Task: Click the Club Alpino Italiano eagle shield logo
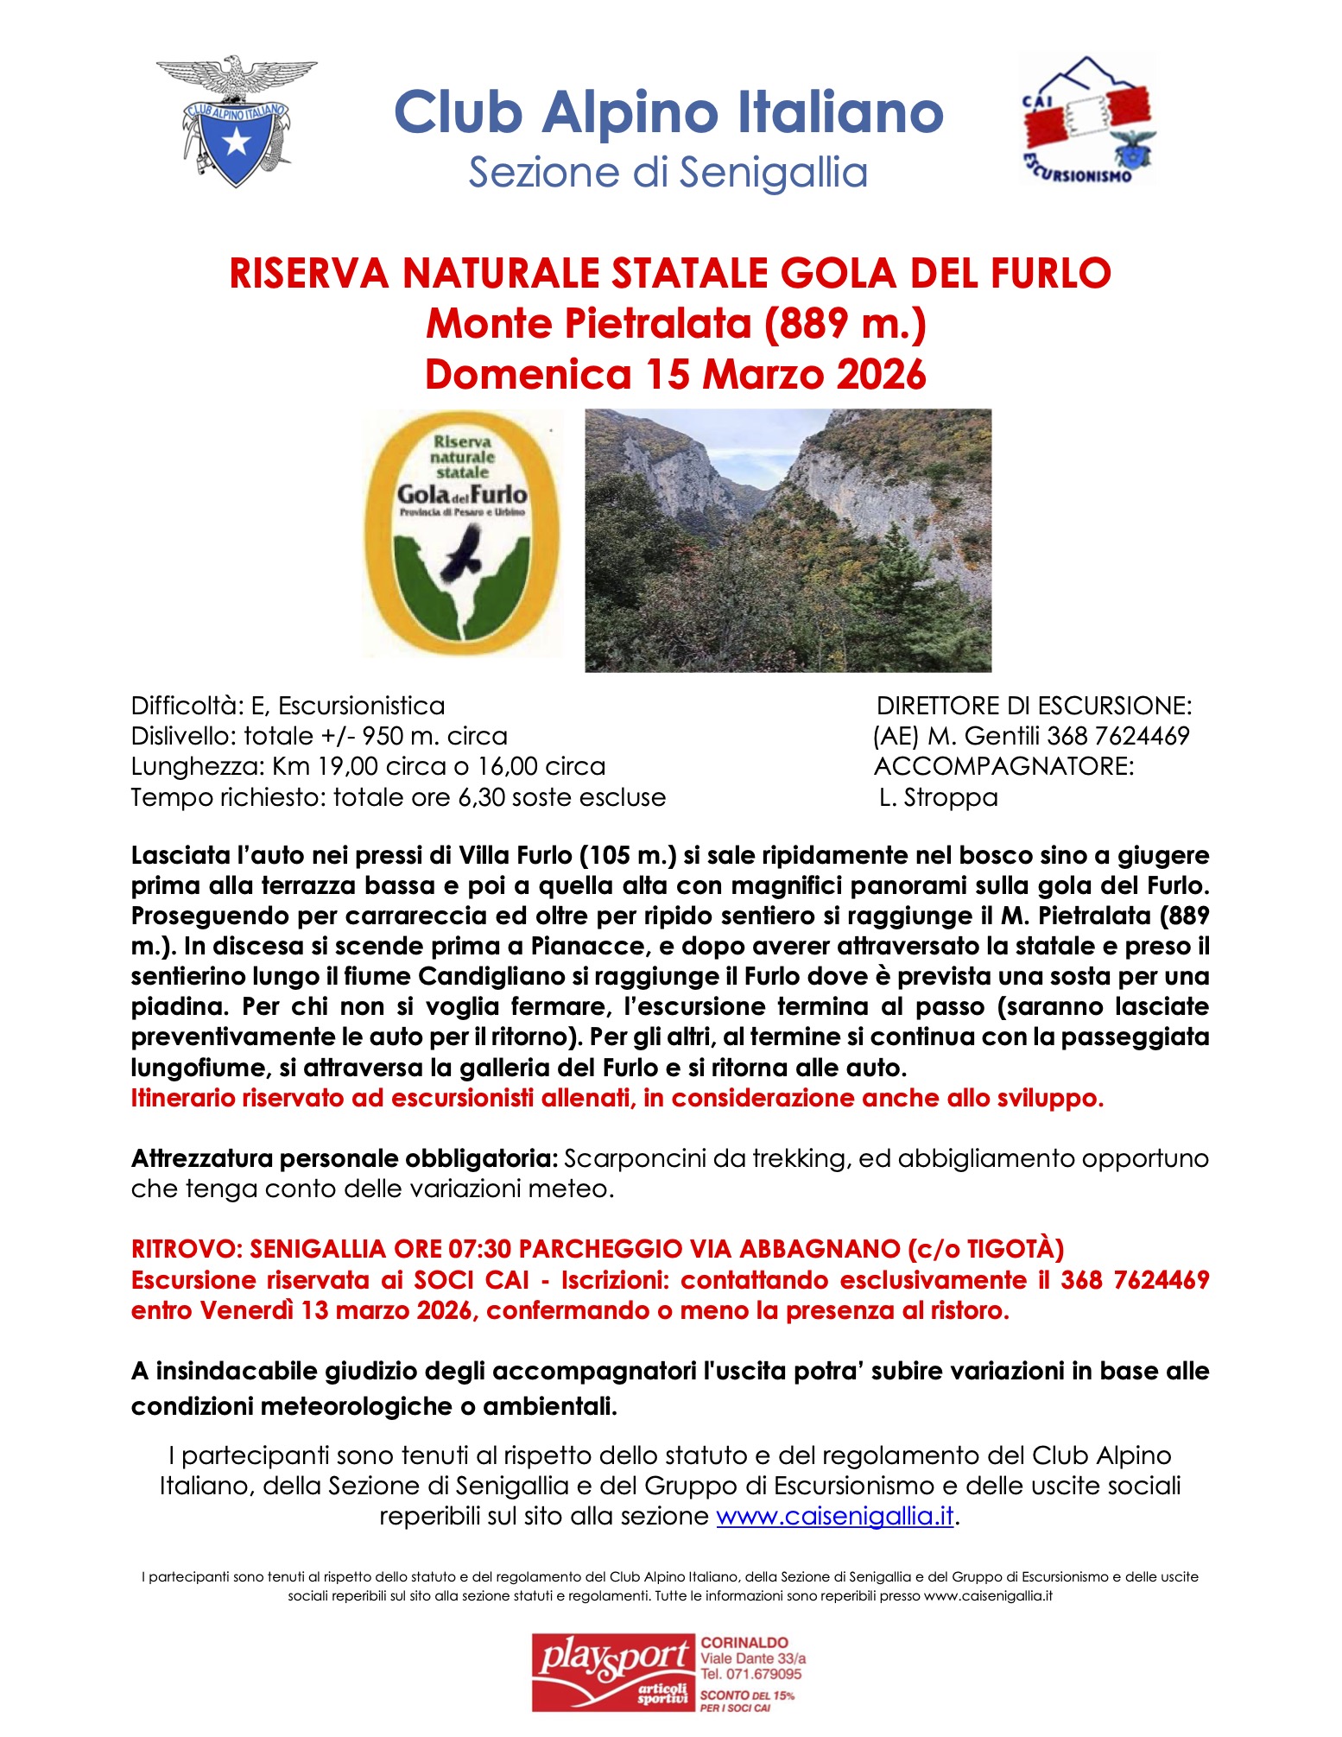(236, 121)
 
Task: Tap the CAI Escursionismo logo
(1089, 120)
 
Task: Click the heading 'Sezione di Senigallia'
(668, 172)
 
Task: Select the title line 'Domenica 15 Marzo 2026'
(675, 374)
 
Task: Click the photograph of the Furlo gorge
(788, 540)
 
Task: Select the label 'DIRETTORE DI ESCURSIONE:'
(1034, 706)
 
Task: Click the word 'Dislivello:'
(183, 736)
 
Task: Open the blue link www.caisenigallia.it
(835, 1516)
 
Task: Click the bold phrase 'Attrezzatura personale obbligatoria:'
(345, 1158)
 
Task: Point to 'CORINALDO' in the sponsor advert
(744, 1642)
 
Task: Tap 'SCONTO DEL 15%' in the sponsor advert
(747, 1695)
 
